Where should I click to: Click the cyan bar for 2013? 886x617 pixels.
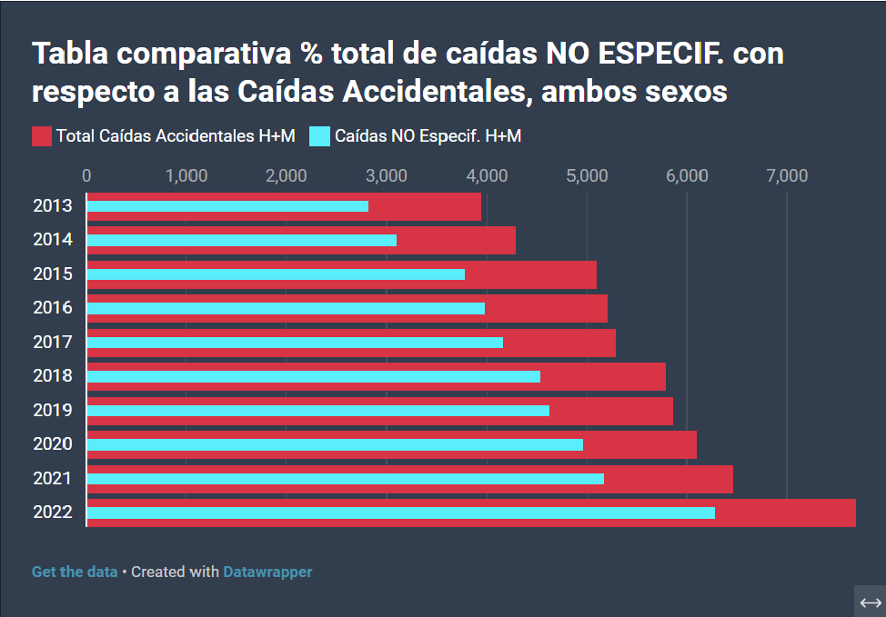coord(227,206)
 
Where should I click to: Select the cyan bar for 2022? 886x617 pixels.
coord(400,513)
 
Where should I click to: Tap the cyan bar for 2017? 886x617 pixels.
coord(295,343)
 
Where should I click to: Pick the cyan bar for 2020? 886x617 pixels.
coord(335,444)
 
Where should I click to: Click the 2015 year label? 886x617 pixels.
coord(53,274)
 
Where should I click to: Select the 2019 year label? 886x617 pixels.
coord(53,410)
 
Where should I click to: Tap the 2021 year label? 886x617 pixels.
coord(53,478)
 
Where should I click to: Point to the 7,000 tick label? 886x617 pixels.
coord(786,175)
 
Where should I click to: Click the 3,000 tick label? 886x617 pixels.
coord(387,175)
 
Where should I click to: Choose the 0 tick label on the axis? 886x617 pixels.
coord(86,175)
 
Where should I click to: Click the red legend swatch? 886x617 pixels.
coord(42,136)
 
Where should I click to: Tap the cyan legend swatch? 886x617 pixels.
coord(319,136)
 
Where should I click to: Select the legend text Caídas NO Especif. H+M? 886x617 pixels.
coord(428,136)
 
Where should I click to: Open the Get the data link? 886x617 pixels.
coord(75,572)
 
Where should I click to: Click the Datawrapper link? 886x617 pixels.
coord(267,572)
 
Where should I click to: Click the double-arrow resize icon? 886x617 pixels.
coord(870,602)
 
